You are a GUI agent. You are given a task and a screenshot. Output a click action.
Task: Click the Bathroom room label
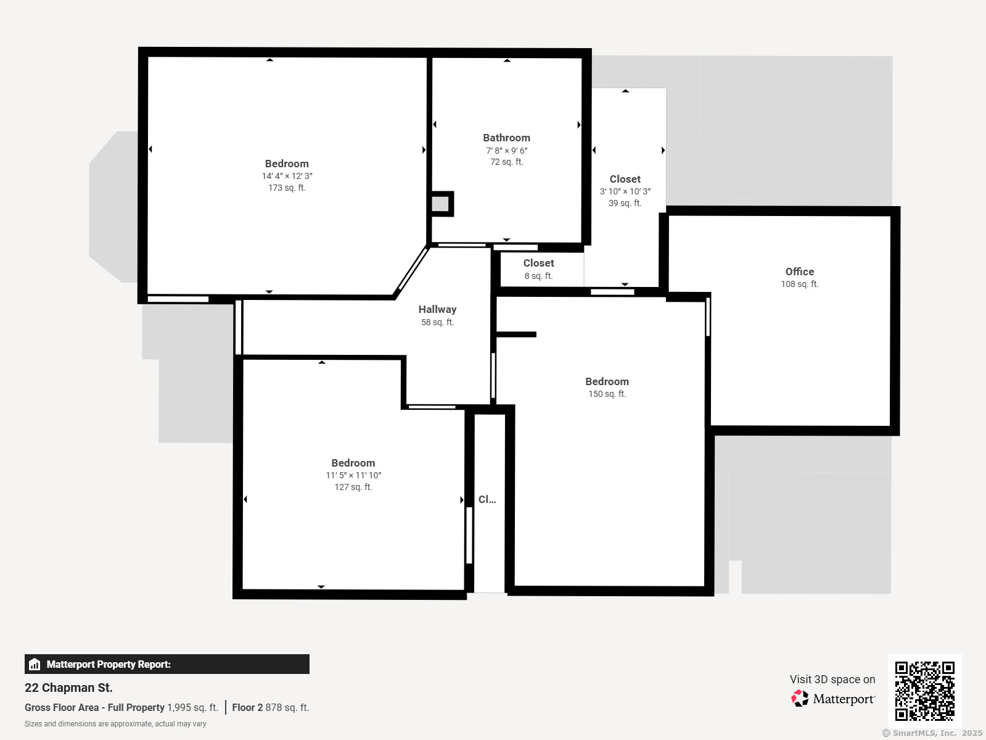click(506, 138)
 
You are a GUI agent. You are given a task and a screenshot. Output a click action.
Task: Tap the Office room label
click(800, 272)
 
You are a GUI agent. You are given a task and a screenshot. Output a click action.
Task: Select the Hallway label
click(438, 309)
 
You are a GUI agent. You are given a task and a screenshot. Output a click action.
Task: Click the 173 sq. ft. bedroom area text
click(287, 188)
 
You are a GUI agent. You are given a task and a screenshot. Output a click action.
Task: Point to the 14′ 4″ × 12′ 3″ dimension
click(287, 177)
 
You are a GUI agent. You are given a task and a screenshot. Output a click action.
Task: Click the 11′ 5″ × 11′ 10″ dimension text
click(353, 475)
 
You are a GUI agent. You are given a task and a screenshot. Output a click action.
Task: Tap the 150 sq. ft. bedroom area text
click(607, 394)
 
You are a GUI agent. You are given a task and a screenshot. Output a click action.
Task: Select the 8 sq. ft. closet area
click(538, 276)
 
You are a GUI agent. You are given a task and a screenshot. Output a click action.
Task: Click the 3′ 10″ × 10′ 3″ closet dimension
click(625, 191)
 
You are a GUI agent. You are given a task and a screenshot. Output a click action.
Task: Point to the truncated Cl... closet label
click(487, 499)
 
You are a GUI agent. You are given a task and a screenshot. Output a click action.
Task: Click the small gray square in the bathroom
click(440, 204)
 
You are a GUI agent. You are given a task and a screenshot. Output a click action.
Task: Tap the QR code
click(924, 691)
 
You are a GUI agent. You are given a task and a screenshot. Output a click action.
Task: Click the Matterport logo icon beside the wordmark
click(800, 698)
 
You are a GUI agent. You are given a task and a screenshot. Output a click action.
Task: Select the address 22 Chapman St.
click(68, 688)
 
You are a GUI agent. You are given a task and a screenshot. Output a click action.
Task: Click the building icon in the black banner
click(35, 664)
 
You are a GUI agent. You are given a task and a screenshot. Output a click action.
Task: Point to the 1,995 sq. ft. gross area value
click(193, 708)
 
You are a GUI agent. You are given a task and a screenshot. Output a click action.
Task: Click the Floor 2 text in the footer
click(247, 708)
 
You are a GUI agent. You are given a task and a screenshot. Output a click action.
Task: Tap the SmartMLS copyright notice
click(932, 733)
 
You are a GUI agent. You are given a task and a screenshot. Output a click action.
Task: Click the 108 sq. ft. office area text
click(800, 284)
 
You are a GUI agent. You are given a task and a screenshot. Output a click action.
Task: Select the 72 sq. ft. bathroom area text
click(507, 162)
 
